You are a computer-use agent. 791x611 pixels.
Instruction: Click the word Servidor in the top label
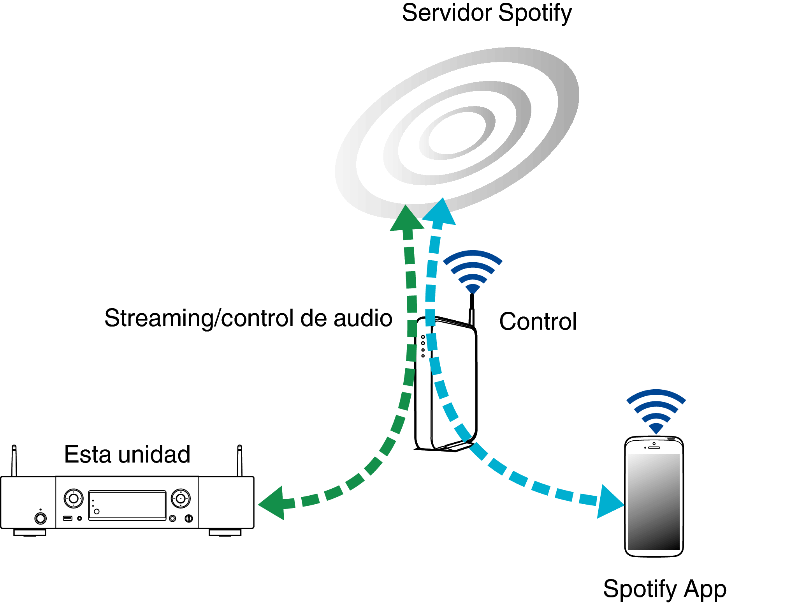click(x=447, y=12)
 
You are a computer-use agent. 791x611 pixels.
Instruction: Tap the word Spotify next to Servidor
click(x=535, y=14)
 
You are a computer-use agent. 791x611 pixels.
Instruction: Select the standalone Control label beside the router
click(x=538, y=321)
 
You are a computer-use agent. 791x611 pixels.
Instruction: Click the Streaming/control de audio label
click(x=248, y=318)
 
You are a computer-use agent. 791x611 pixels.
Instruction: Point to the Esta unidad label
click(x=127, y=454)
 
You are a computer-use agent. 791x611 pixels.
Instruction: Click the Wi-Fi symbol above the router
click(x=473, y=271)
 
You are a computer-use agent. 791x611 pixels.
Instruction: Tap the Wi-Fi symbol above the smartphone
click(x=656, y=411)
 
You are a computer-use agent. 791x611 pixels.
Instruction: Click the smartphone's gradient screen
click(x=654, y=502)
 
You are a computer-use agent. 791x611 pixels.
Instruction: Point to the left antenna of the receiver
click(x=14, y=461)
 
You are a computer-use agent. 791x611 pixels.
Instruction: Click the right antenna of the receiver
click(x=240, y=461)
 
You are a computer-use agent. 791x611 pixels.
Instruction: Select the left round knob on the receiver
click(x=74, y=498)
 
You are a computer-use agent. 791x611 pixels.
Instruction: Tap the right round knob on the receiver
click(x=181, y=498)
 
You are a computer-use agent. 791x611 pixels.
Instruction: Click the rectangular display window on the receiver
click(x=127, y=505)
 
